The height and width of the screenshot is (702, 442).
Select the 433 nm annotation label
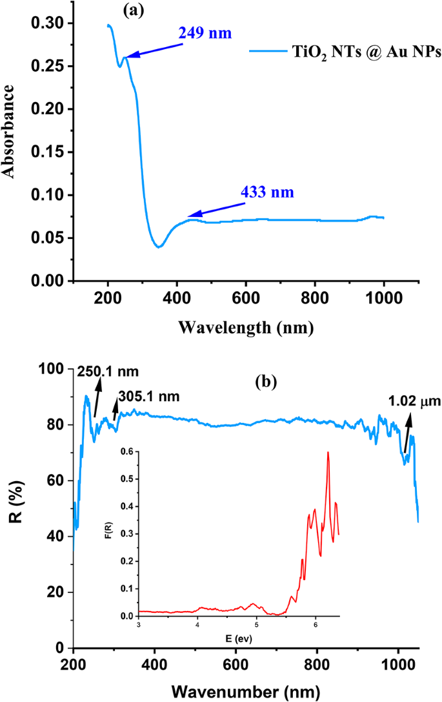point(266,192)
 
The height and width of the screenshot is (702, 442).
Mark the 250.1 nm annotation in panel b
point(108,371)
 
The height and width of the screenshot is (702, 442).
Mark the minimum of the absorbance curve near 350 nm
point(158,246)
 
